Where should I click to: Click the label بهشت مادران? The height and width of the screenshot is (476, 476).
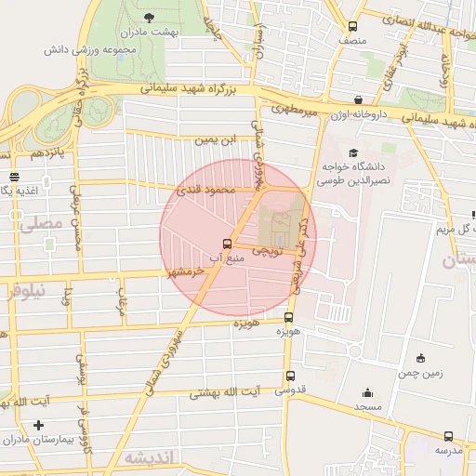pos(151,33)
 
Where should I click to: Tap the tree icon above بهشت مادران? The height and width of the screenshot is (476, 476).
pos(152,18)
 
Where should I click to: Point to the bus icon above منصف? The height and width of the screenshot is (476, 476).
pos(351,27)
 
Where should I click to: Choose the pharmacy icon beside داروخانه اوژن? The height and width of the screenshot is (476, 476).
pos(358,99)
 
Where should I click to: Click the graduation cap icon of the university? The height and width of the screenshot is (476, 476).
pos(352,153)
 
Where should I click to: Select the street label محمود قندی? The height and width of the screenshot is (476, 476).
pos(204,190)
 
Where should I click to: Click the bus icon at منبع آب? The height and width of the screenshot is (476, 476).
pos(229,244)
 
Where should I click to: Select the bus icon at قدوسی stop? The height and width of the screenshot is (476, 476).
pos(291,377)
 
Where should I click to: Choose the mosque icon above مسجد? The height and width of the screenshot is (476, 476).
pos(367,392)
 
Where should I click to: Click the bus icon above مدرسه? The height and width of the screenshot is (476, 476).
pos(448,436)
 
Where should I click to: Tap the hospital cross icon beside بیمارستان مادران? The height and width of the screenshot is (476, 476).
pos(37,426)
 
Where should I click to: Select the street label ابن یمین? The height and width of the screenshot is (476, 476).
pos(216,139)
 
